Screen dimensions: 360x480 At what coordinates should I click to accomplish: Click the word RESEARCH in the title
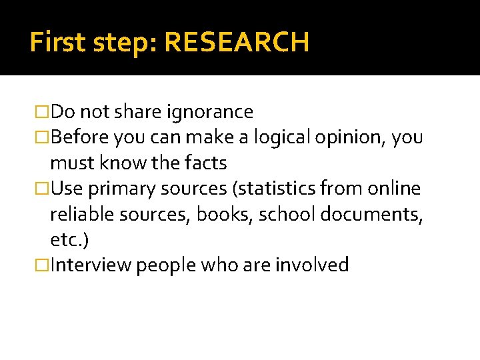pyautogui.click(x=237, y=43)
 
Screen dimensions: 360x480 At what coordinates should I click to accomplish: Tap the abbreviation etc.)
pyautogui.click(x=69, y=239)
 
